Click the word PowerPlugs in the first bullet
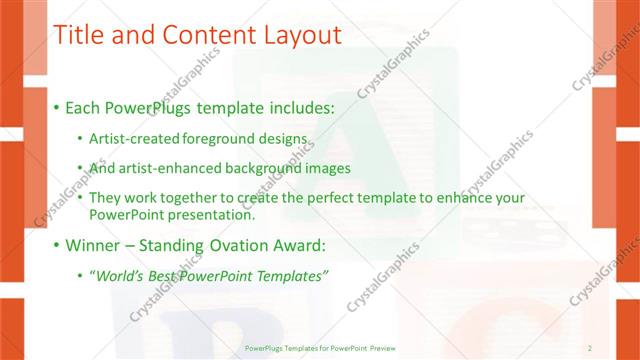pos(157,107)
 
